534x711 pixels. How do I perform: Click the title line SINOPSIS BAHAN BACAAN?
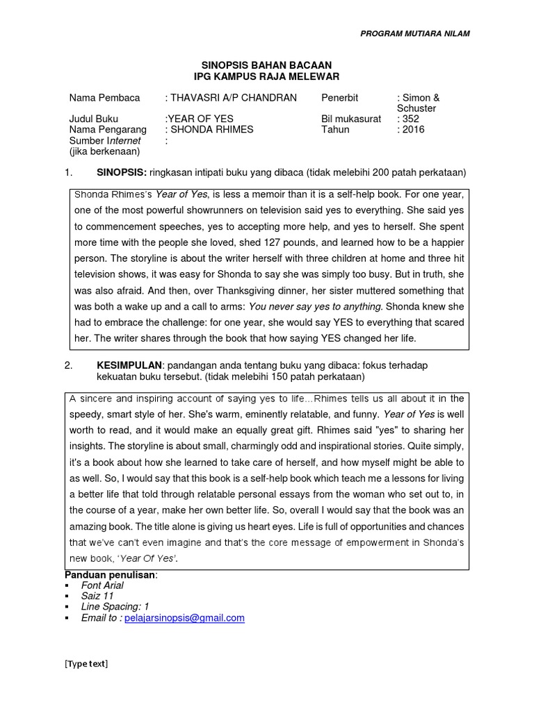267,65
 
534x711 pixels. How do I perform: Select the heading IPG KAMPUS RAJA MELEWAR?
267,76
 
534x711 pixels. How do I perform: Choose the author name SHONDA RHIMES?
211,129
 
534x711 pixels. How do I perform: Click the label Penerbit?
340,98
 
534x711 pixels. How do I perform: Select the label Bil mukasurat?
351,119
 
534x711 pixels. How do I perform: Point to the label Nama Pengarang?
108,129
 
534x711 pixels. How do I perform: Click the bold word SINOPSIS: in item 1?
120,172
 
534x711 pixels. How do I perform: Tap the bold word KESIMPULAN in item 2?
128,365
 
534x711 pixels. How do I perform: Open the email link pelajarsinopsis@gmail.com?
184,617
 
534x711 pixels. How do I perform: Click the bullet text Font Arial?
102,585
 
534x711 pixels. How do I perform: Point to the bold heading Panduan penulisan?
111,575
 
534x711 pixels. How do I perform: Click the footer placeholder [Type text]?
86,663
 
